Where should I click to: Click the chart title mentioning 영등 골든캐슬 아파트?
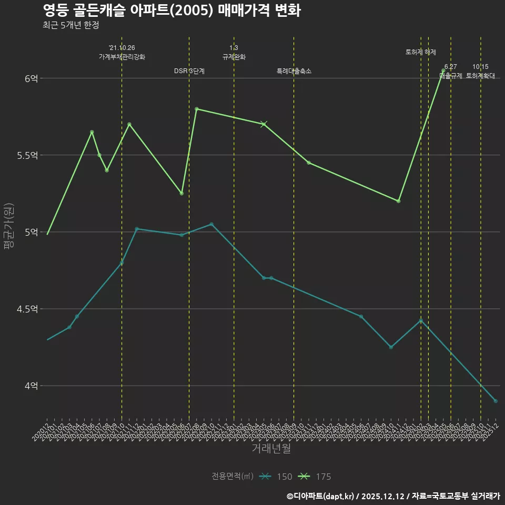pyautogui.click(x=171, y=11)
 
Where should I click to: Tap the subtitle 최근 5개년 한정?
pyautogui.click(x=70, y=25)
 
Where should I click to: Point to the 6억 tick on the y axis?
pyautogui.click(x=31, y=78)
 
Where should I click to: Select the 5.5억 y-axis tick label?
pyautogui.click(x=28, y=155)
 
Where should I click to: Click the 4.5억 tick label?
pyautogui.click(x=28, y=309)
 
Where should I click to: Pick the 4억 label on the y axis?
pyautogui.click(x=31, y=386)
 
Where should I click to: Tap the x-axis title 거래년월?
pyautogui.click(x=271, y=448)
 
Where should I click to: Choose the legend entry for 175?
pyautogui.click(x=315, y=477)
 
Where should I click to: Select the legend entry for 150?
pyautogui.click(x=276, y=477)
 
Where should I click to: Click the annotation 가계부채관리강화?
pyautogui.click(x=122, y=57)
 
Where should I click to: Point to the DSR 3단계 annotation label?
pyautogui.click(x=189, y=71)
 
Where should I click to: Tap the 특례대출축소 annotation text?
pyautogui.click(x=294, y=71)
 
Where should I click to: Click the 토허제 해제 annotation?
pyautogui.click(x=421, y=52)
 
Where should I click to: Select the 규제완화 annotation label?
pyautogui.click(x=234, y=57)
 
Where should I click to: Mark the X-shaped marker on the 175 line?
pyautogui.click(x=264, y=124)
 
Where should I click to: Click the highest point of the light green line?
pyautogui.click(x=443, y=70)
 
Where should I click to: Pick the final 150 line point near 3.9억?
pyautogui.click(x=496, y=401)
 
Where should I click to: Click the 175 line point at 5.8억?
pyautogui.click(x=196, y=109)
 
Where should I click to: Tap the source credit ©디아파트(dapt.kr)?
pyautogui.click(x=321, y=496)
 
